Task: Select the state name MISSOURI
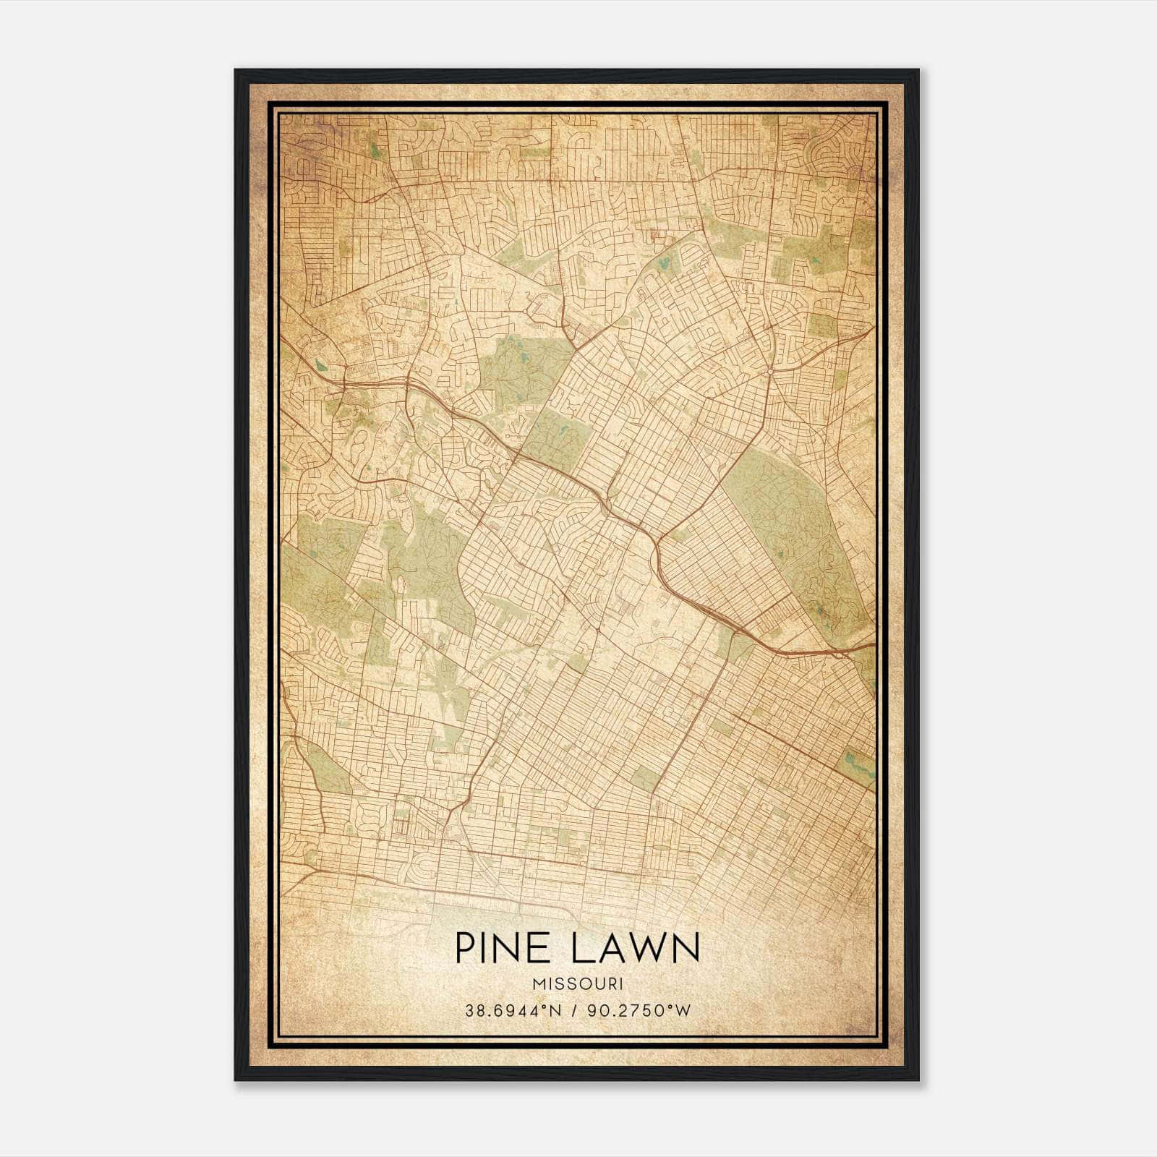[577, 984]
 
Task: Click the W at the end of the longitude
[683, 1010]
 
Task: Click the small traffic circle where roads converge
[772, 371]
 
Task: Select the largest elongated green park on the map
[795, 535]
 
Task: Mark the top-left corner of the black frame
[236, 70]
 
